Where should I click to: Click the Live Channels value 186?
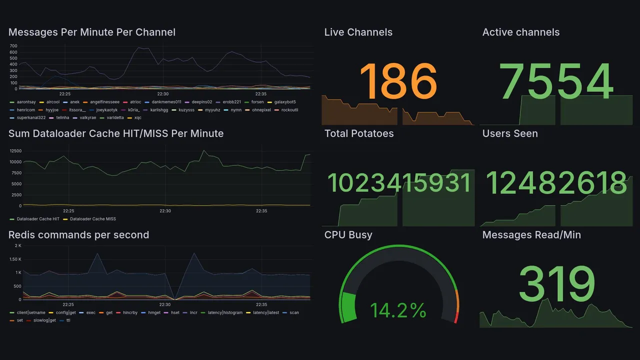point(398,81)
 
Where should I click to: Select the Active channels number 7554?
point(556,81)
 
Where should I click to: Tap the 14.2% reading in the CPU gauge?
point(398,310)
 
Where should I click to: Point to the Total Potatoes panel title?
point(359,133)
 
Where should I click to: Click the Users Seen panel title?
point(510,133)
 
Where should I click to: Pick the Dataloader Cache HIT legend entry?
point(38,219)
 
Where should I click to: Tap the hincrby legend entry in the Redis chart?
point(130,312)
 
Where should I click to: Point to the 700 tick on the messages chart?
point(13,45)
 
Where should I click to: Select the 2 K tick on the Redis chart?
point(17,245)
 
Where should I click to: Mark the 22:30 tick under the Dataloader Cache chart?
point(165,211)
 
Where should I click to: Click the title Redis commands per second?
point(78,235)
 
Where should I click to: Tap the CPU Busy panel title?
point(348,235)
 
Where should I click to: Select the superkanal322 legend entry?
point(31,118)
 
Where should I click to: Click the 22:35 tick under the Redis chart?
point(261,304)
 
